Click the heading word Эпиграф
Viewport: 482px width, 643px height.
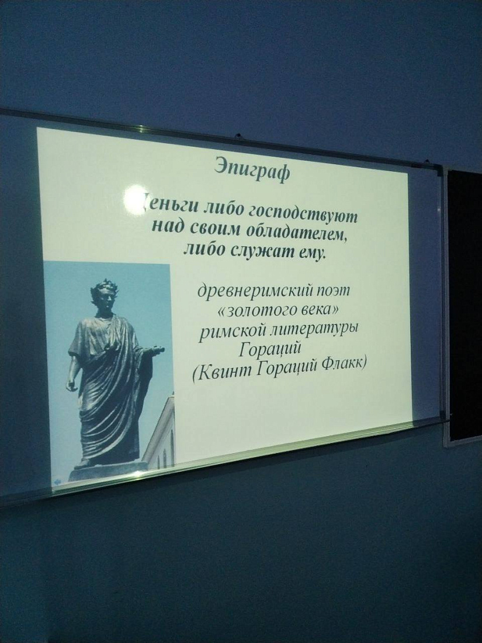click(x=251, y=168)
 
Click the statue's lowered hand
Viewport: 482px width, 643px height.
click(x=71, y=386)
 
